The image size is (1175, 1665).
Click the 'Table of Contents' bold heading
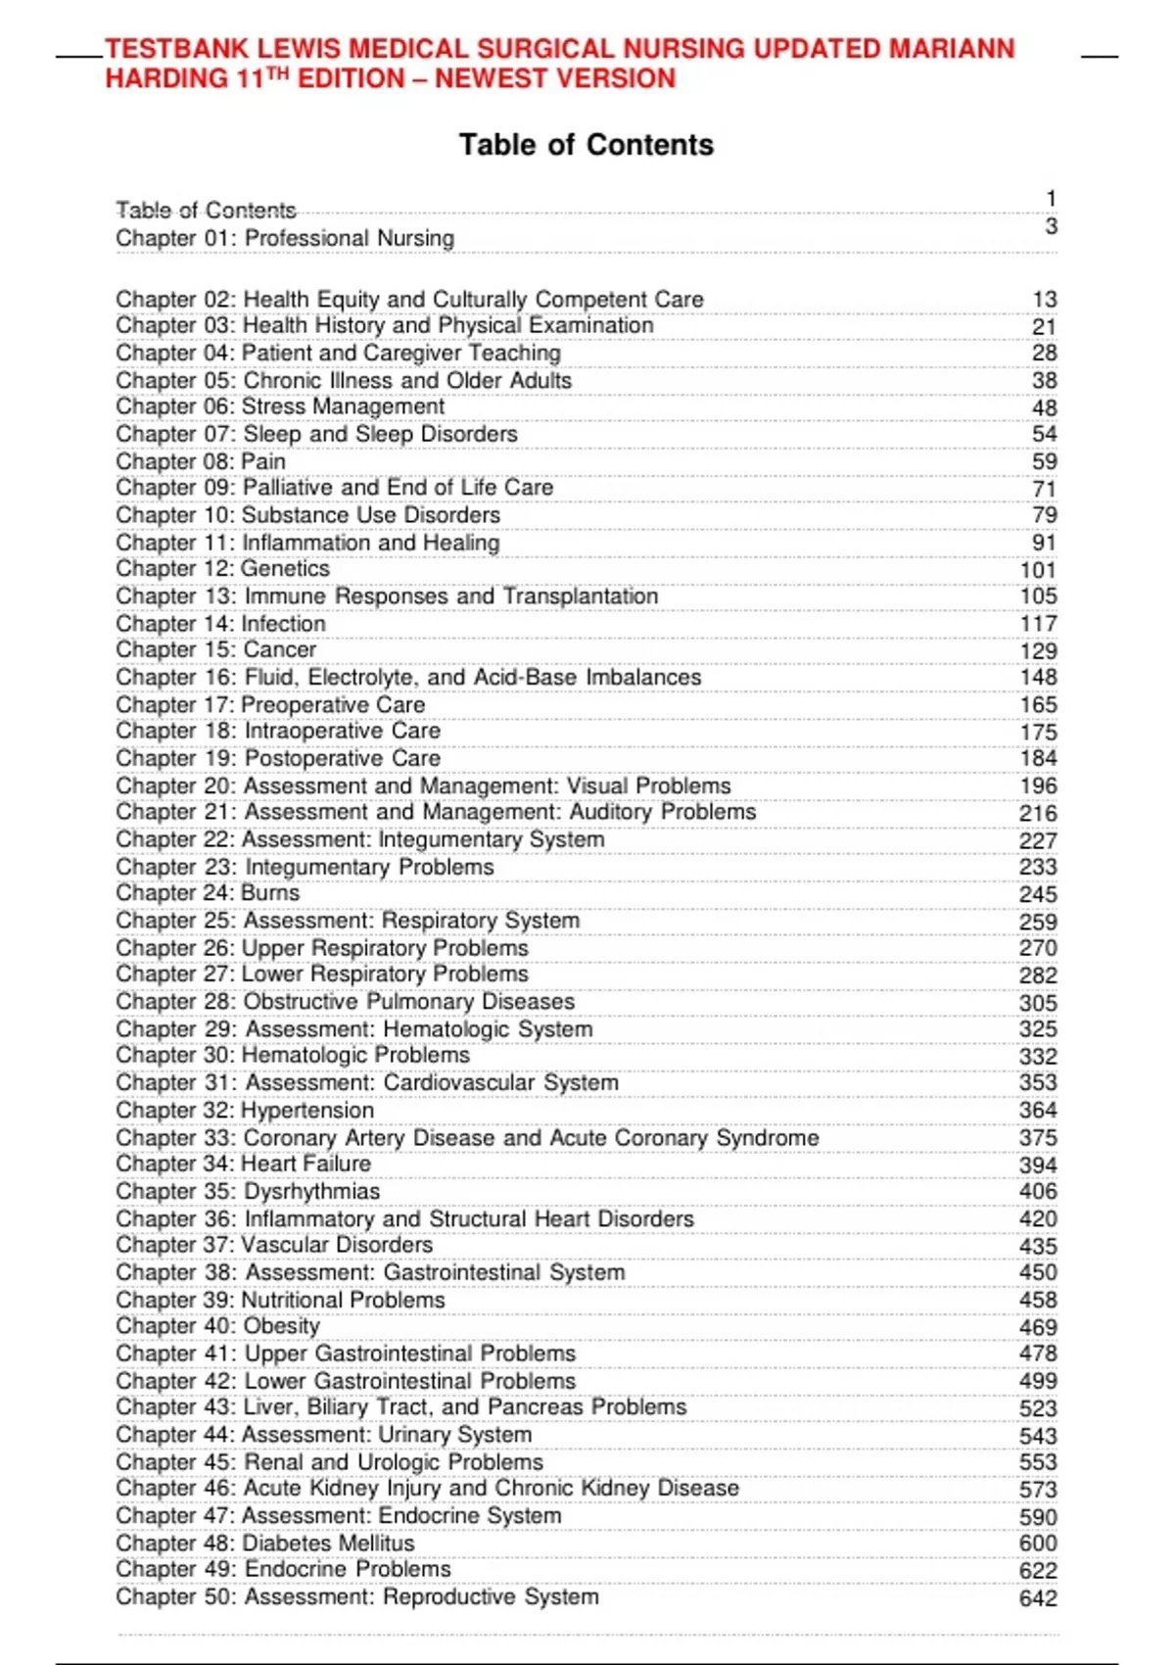click(x=587, y=145)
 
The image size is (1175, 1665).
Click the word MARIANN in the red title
click(x=951, y=49)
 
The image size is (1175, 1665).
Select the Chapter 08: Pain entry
click(x=201, y=461)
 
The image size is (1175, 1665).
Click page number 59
click(x=1044, y=461)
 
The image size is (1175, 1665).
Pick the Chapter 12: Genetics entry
click(x=222, y=569)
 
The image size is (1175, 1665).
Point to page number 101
click(x=1038, y=570)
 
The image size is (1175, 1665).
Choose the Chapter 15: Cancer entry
click(x=215, y=650)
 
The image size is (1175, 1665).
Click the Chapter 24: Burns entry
click(x=208, y=893)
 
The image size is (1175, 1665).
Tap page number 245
click(x=1038, y=894)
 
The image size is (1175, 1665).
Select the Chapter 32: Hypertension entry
click(x=245, y=1111)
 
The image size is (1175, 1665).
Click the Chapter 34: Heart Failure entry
click(x=243, y=1164)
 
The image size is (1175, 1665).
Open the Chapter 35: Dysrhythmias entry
click(x=248, y=1191)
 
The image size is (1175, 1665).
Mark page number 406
click(x=1038, y=1191)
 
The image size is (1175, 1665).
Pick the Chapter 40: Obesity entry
click(x=217, y=1326)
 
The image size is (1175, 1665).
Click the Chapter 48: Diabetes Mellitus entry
click(x=264, y=1544)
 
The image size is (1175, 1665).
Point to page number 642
click(x=1038, y=1598)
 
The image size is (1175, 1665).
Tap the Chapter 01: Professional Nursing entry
click(x=285, y=238)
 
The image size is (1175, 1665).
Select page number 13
click(x=1044, y=300)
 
